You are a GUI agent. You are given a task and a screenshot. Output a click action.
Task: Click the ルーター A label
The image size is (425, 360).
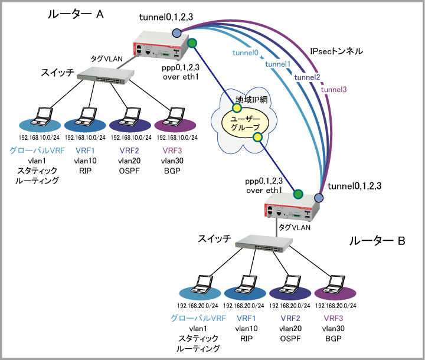click(76, 15)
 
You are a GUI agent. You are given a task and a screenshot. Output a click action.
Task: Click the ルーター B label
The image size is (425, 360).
click(377, 241)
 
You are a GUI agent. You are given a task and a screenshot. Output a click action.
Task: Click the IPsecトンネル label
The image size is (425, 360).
click(336, 52)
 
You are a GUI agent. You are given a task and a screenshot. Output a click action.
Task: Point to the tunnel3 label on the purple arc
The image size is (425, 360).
click(334, 89)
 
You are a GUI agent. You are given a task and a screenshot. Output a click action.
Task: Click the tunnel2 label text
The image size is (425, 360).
click(307, 77)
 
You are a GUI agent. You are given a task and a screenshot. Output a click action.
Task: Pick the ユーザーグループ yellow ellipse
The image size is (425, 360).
click(244, 123)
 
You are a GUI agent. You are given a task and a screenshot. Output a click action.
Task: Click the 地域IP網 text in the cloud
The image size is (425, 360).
click(252, 100)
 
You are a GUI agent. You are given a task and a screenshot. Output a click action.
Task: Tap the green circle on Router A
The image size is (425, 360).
click(192, 43)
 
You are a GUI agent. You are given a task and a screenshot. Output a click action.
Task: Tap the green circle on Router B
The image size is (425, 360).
click(298, 192)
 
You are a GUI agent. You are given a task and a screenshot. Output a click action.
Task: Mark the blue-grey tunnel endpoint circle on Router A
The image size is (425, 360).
click(176, 31)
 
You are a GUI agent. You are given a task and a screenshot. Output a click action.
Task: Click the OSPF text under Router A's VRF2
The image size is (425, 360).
click(129, 171)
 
